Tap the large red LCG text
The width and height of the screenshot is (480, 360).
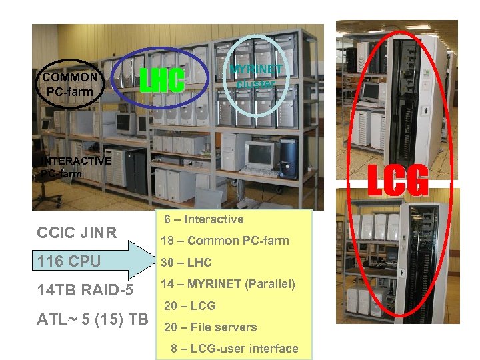[398, 181]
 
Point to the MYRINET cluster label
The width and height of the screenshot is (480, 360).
[256, 77]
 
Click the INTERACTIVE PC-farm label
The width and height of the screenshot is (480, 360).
[75, 167]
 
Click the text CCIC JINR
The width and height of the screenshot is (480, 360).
[77, 233]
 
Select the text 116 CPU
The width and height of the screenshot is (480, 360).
[69, 261]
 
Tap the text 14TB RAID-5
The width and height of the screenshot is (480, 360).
[85, 290]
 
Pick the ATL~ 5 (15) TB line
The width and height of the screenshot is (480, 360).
[93, 319]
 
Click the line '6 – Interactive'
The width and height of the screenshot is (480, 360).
[203, 219]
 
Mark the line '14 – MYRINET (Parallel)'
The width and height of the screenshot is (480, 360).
[229, 284]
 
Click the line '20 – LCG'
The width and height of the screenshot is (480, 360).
[189, 306]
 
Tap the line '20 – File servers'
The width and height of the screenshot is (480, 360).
[210, 327]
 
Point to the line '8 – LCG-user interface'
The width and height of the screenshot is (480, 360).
[234, 349]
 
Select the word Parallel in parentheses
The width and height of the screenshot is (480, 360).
[270, 284]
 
